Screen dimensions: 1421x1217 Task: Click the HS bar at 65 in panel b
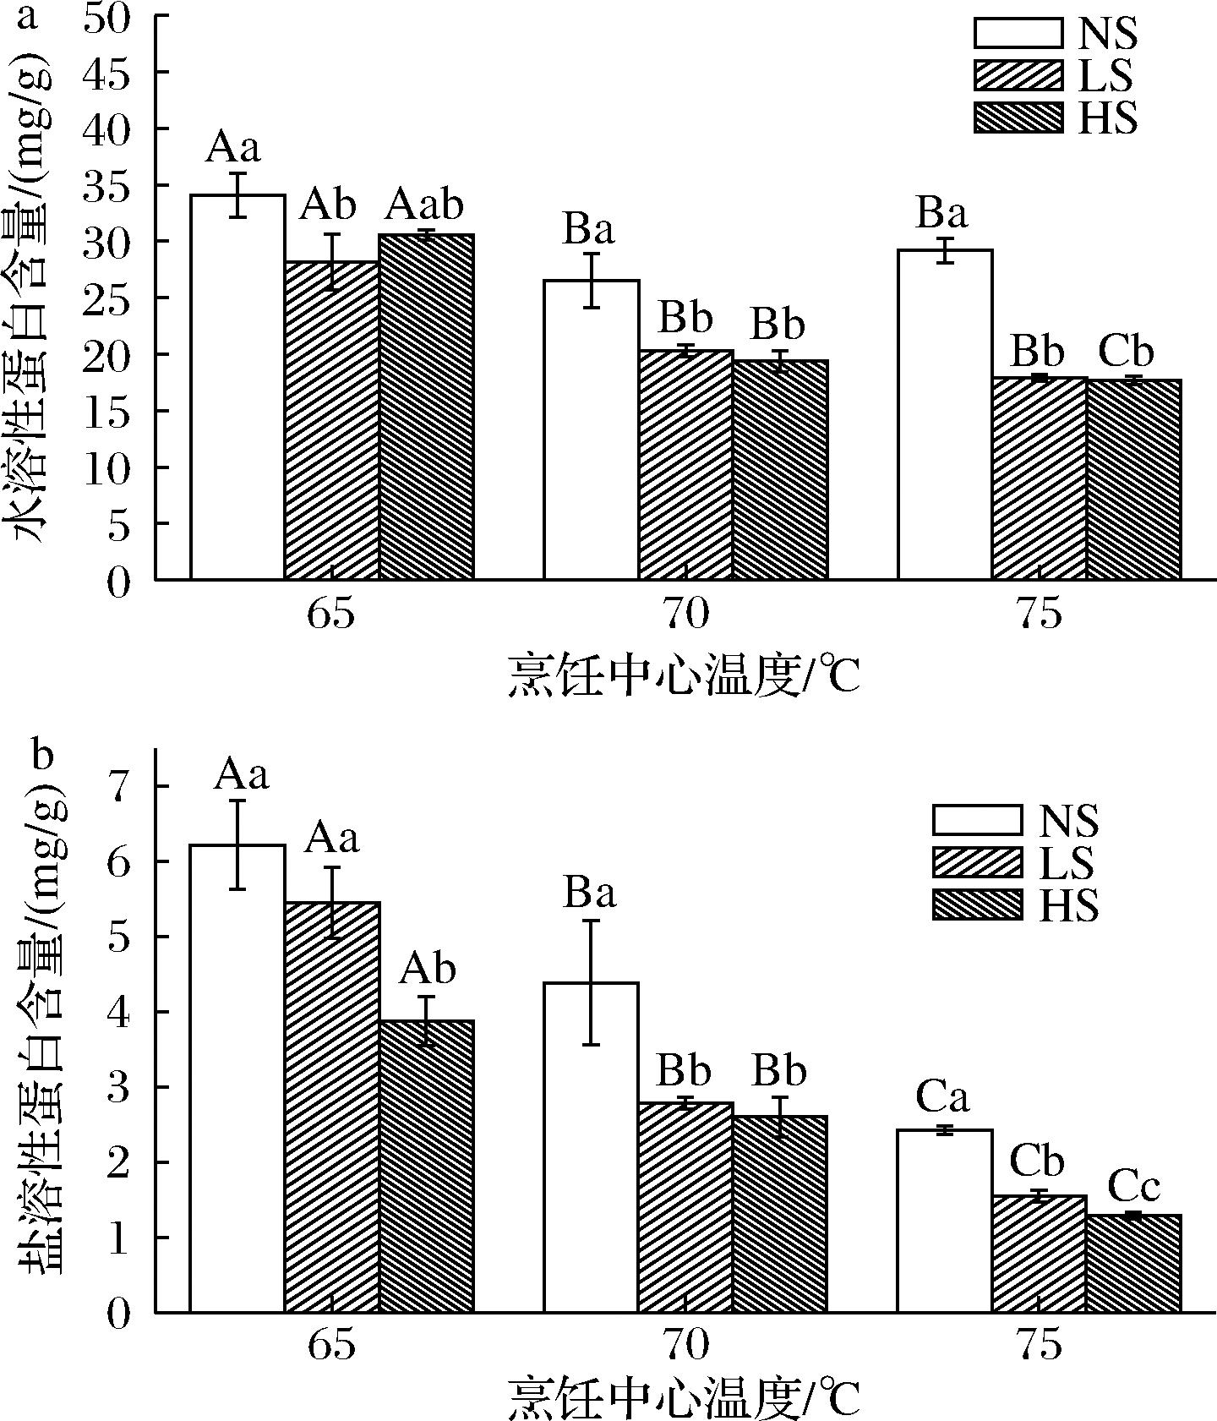tap(426, 1167)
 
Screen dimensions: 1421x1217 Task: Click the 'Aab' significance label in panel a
tap(426, 205)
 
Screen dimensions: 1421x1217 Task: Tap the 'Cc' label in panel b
tap(1133, 1188)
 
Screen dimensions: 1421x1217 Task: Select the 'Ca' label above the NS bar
tap(942, 1098)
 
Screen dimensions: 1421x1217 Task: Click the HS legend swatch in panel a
tap(1018, 118)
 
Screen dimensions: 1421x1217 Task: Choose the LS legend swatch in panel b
tap(977, 862)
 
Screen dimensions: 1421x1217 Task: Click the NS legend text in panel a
tap(1107, 35)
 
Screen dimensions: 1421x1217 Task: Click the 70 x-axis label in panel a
tap(685, 615)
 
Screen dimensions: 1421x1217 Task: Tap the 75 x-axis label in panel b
tap(1039, 1346)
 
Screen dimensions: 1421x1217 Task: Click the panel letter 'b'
tap(42, 755)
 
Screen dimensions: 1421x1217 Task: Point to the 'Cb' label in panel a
tap(1126, 352)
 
